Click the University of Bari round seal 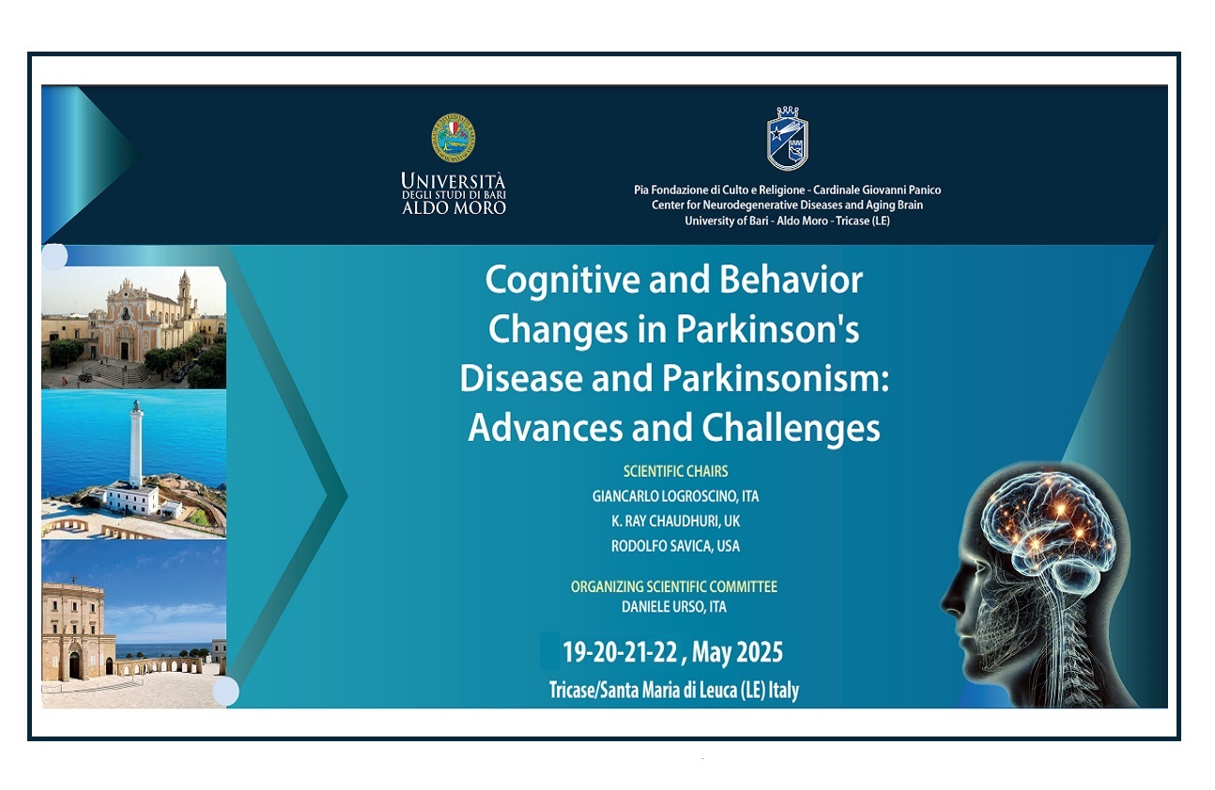point(453,138)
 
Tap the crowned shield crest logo point(787,138)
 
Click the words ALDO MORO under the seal point(454,207)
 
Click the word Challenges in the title point(791,428)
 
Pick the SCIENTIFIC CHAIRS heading point(675,471)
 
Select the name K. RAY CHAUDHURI point(665,521)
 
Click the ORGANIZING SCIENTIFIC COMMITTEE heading point(673,586)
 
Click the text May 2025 point(737,651)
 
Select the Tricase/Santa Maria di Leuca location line point(673,691)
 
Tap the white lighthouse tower point(136,445)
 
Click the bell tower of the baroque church point(185,295)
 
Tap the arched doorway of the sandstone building point(74,666)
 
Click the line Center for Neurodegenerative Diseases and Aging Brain point(787,205)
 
